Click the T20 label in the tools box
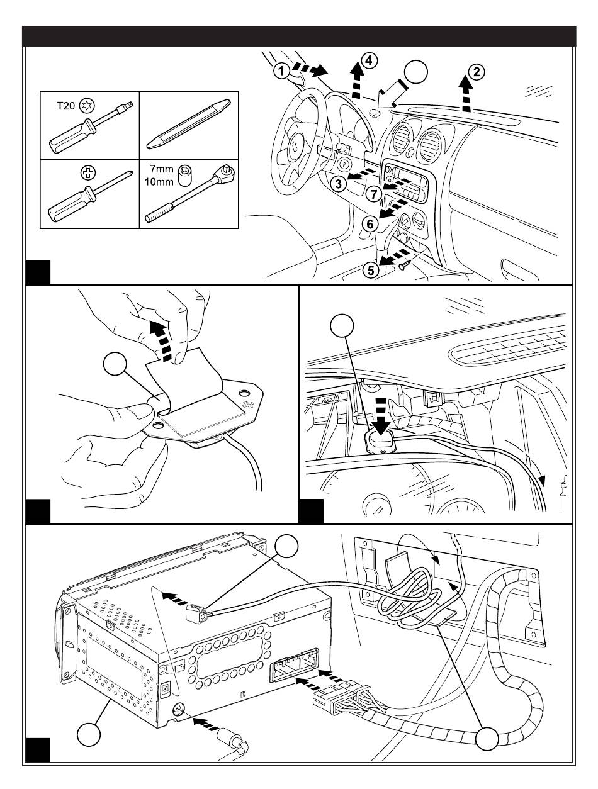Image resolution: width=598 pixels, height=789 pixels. coord(66,106)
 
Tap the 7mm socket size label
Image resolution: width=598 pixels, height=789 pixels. coord(162,169)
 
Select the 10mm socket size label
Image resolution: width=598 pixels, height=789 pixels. coord(159,182)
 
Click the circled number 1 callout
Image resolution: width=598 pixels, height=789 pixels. coord(281,71)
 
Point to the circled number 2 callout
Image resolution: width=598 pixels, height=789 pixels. coord(477,72)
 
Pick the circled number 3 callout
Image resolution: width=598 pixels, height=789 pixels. coord(339,184)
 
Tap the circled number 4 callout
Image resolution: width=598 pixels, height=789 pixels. coord(370,61)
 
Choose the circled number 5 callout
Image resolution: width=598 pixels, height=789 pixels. coord(371,269)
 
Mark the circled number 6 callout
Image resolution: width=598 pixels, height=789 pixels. coord(370,224)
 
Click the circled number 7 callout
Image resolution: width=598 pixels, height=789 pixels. coord(374,194)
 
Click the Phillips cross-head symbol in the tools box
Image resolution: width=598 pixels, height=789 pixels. coord(88,173)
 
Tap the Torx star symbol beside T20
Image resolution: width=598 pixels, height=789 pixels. coord(87,106)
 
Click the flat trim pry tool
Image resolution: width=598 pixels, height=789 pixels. coord(188,124)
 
